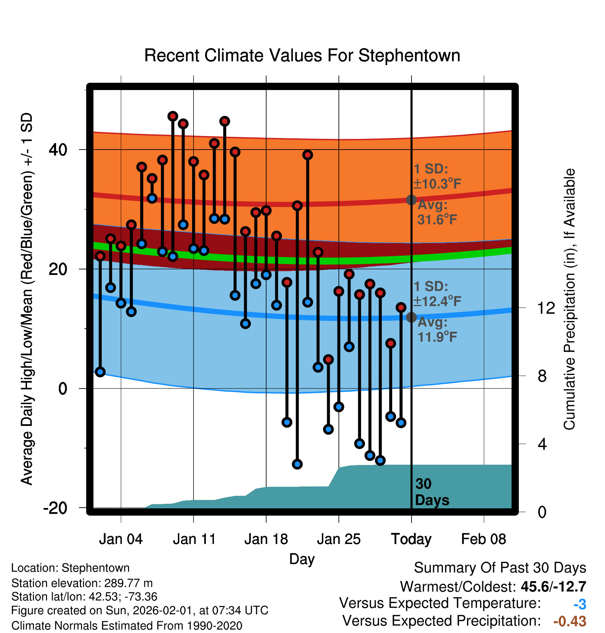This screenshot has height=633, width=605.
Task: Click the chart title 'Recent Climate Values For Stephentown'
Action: click(302, 55)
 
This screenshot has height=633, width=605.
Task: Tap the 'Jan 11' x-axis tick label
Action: click(194, 539)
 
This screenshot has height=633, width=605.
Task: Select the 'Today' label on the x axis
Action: click(411, 539)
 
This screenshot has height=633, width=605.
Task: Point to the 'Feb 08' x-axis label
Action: click(484, 539)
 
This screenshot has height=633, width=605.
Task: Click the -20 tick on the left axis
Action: click(55, 508)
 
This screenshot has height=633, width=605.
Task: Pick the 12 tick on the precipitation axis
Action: click(546, 308)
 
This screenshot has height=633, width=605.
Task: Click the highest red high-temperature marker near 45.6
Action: click(173, 116)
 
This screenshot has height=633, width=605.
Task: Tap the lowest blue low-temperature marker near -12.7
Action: click(297, 464)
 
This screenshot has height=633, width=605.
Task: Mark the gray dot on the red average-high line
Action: click(411, 200)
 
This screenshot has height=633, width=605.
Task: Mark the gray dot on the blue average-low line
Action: click(411, 317)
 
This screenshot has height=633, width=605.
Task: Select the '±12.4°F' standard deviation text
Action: click(437, 301)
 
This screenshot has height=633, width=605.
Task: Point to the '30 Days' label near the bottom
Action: click(432, 492)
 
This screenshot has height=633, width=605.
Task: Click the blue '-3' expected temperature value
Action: click(580, 604)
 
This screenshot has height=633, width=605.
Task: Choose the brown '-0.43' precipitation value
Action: click(570, 621)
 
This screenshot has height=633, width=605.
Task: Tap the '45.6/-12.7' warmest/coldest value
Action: click(553, 587)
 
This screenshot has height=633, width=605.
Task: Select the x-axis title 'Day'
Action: click(302, 559)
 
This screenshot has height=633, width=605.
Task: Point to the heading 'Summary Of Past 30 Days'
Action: click(500, 568)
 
